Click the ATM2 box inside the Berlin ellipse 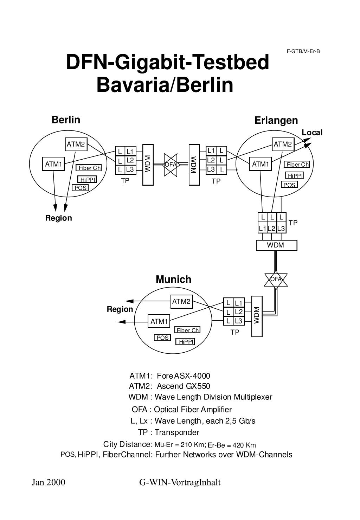[76, 144]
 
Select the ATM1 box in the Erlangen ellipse [260, 164]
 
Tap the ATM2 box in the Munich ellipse [181, 301]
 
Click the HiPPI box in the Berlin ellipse [87, 180]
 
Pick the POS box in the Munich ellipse [162, 338]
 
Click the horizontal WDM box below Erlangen [276, 245]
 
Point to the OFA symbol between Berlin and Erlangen [171, 165]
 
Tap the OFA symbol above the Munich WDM [276, 279]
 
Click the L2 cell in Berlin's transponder [130, 160]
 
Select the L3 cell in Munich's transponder [238, 321]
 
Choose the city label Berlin [66, 120]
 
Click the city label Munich [173, 280]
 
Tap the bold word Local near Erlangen [312, 133]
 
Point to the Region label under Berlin [58, 218]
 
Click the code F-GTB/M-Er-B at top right [303, 51]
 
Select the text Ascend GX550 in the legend [183, 386]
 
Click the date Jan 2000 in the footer [49, 482]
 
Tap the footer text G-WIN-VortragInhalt [180, 482]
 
